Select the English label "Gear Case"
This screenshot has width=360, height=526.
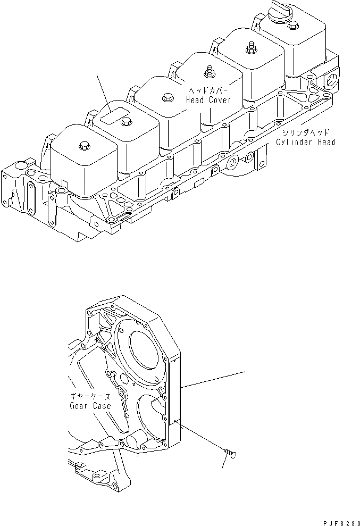point(90,406)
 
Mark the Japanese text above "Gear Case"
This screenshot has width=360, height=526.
point(90,396)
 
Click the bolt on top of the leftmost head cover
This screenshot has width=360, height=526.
point(83,145)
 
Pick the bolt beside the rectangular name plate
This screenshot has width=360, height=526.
point(125,122)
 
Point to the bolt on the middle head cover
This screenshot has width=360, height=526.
point(165,98)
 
